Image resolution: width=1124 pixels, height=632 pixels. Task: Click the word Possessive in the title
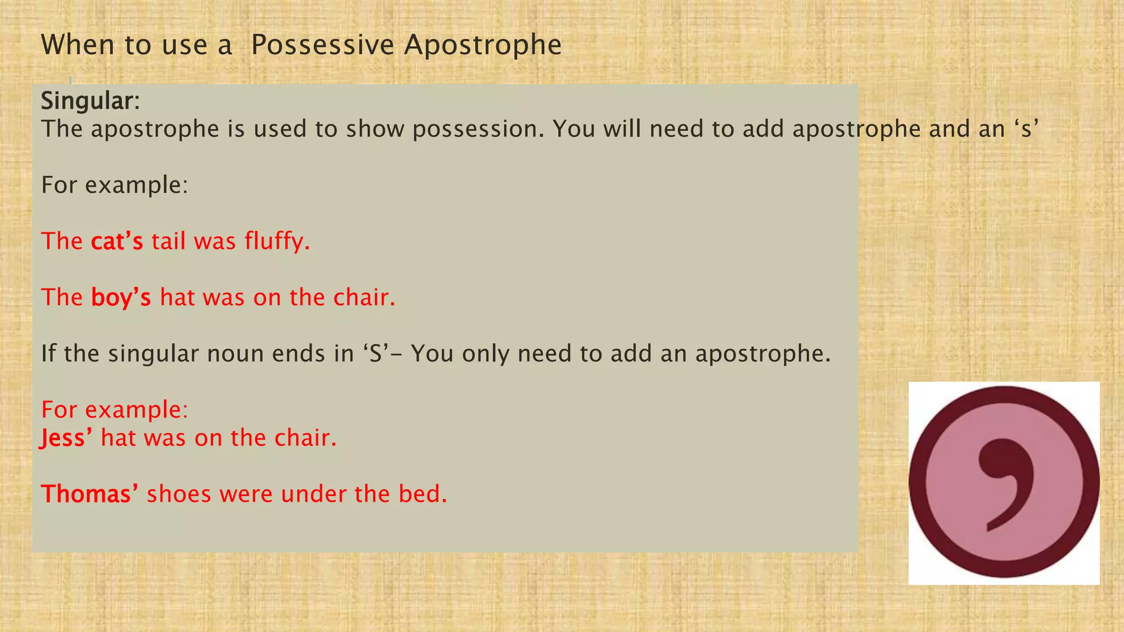(x=322, y=45)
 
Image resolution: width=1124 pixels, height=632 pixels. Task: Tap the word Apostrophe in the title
(x=483, y=45)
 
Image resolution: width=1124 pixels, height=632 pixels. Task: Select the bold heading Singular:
(x=91, y=101)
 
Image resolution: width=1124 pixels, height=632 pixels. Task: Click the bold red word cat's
(x=117, y=241)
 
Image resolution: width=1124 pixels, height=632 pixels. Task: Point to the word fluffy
(x=277, y=241)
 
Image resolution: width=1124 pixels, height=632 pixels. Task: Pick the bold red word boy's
(x=121, y=297)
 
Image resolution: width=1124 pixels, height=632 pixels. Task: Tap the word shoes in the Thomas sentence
(x=179, y=494)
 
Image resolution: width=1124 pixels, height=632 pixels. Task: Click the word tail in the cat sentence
(x=168, y=241)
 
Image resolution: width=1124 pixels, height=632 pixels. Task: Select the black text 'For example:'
(x=115, y=185)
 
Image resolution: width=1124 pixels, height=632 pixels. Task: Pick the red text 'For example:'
(x=115, y=410)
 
